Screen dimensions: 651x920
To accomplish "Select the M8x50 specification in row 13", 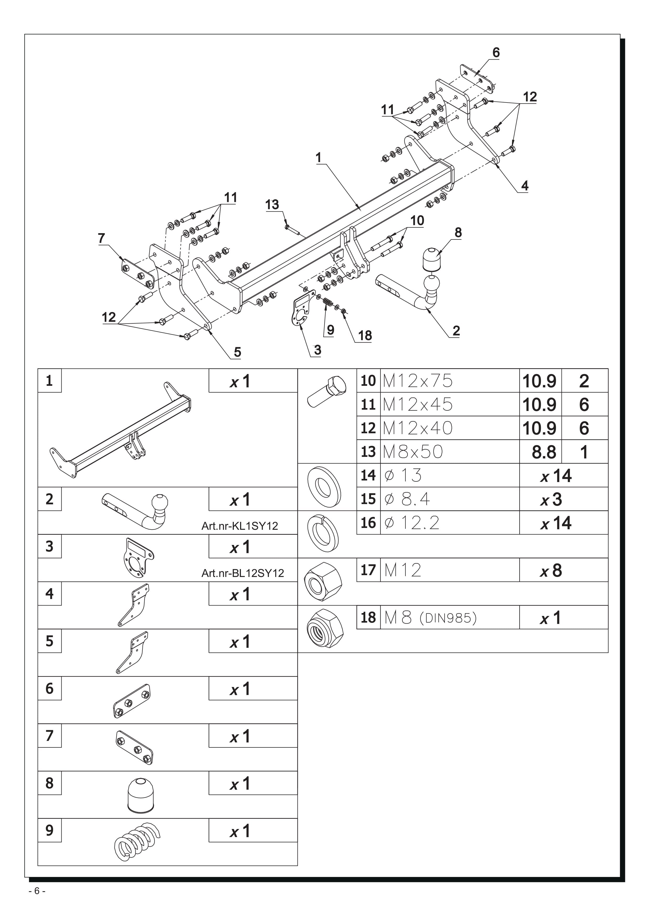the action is coord(413,452).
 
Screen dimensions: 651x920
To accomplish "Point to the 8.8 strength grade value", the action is coord(544,452).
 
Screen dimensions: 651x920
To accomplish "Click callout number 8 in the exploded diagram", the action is coord(458,232).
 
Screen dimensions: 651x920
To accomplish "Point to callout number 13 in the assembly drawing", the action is coord(272,205).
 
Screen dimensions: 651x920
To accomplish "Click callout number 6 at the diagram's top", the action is coord(496,52).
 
